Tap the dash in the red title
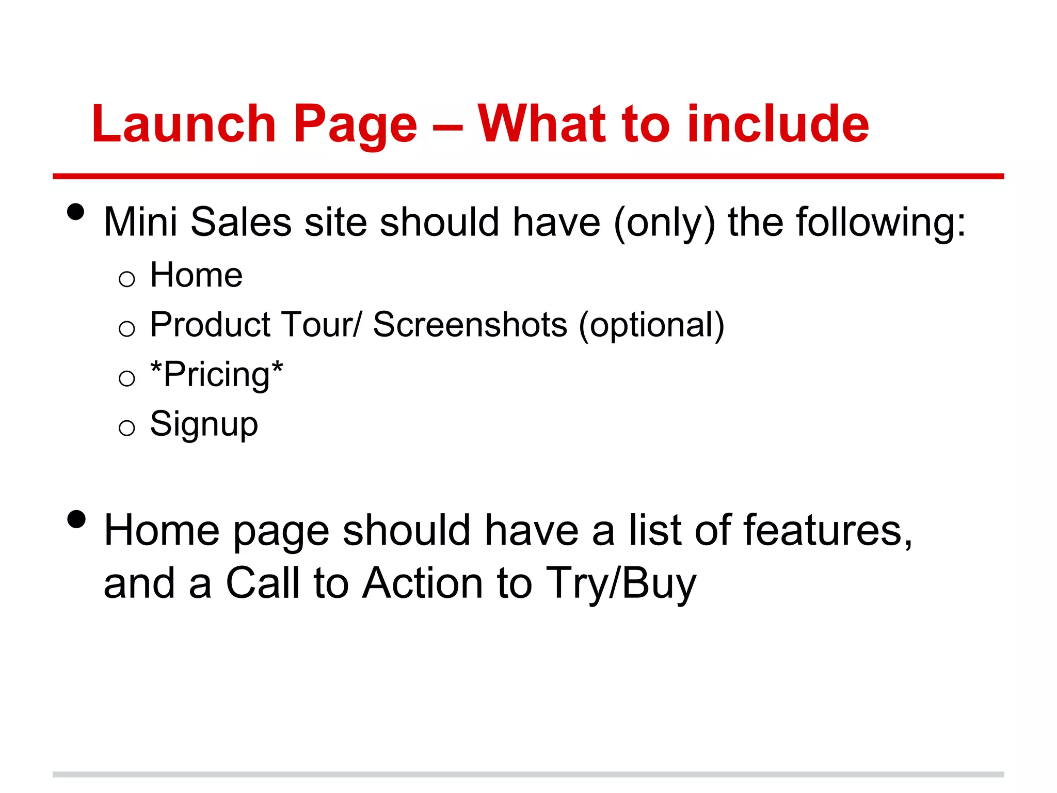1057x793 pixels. pos(447,126)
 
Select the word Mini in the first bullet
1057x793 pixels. pos(140,222)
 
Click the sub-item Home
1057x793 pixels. pos(196,275)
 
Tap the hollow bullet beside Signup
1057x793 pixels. pos(126,428)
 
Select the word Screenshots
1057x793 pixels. pos(470,325)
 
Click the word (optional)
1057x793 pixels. pos(651,325)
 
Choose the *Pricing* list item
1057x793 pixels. pos(216,374)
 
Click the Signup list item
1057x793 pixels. pos(204,424)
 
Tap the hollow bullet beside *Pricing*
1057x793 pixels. pos(126,378)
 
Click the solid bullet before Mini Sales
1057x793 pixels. pos(76,212)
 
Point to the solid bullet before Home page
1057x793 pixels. pos(76,519)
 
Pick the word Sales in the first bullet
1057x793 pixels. pos(241,222)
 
